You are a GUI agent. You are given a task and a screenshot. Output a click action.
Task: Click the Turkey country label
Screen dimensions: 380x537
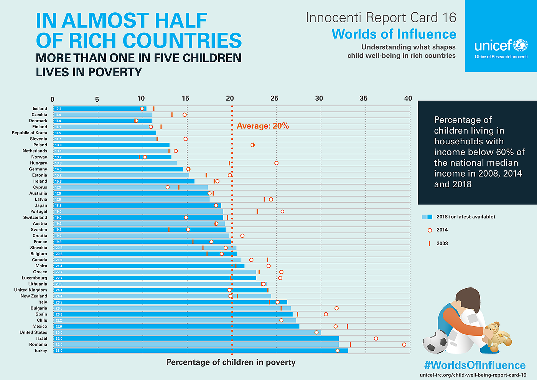click(41, 350)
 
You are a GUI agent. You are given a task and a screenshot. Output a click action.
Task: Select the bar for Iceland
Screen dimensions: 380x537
click(100, 109)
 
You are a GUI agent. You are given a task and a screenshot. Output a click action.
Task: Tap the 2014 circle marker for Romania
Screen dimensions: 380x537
click(404, 345)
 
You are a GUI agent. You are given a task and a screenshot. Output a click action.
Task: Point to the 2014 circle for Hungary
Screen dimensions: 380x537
click(276, 163)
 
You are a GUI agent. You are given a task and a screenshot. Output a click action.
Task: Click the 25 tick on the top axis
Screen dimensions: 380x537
click(274, 98)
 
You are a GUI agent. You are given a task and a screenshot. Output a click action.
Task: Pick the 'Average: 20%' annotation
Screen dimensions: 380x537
click(263, 126)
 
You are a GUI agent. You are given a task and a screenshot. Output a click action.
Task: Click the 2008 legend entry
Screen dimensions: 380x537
click(442, 243)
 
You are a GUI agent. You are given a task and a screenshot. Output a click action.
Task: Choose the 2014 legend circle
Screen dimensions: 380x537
click(430, 230)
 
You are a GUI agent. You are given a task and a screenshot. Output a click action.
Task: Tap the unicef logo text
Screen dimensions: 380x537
click(493, 46)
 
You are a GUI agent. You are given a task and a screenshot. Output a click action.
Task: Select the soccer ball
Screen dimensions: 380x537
click(435, 342)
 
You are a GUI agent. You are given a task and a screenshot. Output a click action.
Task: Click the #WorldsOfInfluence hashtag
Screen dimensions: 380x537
click(475, 365)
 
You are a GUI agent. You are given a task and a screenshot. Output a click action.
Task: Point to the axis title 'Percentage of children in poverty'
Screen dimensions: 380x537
click(231, 362)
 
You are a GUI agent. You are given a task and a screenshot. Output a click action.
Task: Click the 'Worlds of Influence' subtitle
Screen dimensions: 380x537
click(394, 34)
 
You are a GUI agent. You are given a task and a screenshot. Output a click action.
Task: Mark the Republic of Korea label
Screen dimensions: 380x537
click(30, 133)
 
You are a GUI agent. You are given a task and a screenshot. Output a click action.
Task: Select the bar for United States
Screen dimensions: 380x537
click(187, 332)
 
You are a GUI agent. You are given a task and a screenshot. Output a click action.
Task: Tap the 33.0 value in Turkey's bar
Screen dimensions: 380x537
click(59, 351)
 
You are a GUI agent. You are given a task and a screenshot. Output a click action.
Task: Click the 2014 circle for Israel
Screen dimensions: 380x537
click(376, 339)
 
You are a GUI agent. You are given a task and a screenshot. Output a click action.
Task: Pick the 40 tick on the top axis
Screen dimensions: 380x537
click(408, 98)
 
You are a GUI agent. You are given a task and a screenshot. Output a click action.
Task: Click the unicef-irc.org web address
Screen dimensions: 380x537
click(473, 375)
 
